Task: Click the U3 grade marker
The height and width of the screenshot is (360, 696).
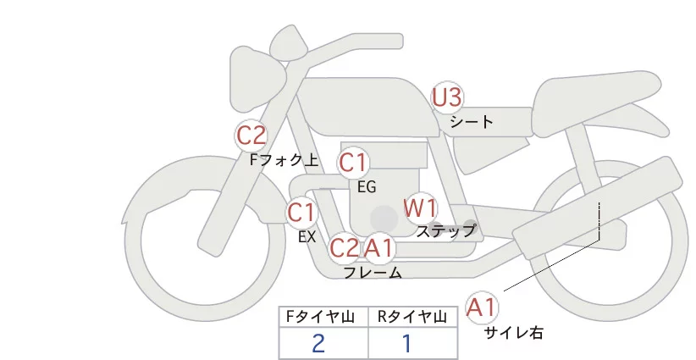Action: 448,98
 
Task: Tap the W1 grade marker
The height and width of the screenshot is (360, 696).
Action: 420,207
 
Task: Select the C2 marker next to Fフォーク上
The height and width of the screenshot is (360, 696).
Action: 251,135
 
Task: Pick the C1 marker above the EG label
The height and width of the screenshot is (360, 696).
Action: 353,162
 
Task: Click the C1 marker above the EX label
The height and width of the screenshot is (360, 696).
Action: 301,212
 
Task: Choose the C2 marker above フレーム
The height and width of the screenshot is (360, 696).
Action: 345,248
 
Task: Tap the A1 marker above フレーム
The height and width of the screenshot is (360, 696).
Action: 378,248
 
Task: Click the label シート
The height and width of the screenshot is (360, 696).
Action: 472,121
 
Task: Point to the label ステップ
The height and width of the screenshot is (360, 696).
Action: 445,230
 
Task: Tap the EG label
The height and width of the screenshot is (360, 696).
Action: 367,186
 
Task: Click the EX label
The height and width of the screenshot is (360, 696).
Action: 307,237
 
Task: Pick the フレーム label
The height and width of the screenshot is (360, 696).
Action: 373,273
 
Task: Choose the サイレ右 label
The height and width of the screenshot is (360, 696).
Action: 513,333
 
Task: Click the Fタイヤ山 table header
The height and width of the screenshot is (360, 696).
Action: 323,317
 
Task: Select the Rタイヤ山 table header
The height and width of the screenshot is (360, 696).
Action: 413,317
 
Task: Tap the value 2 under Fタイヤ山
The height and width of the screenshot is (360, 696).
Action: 318,343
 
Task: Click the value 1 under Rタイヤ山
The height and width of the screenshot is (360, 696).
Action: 407,343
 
